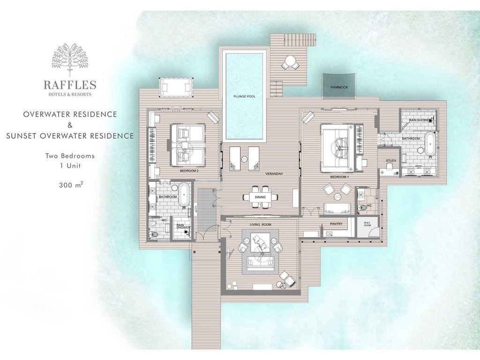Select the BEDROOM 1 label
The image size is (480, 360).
coord(338,177)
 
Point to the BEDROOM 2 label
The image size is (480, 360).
coord(189,172)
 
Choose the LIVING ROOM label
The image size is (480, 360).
coord(260,225)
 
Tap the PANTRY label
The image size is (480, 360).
coord(336,224)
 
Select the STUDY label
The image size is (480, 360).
coord(391,161)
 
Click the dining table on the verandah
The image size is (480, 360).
coord(261,197)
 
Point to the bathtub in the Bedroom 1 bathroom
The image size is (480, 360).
coord(429,143)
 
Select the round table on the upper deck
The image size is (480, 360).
coord(291,61)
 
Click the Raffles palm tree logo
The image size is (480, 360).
coord(70,60)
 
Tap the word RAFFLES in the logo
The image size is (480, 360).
coord(70,85)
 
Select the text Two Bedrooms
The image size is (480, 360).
coord(70,156)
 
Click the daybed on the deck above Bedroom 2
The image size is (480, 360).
coord(176,86)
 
